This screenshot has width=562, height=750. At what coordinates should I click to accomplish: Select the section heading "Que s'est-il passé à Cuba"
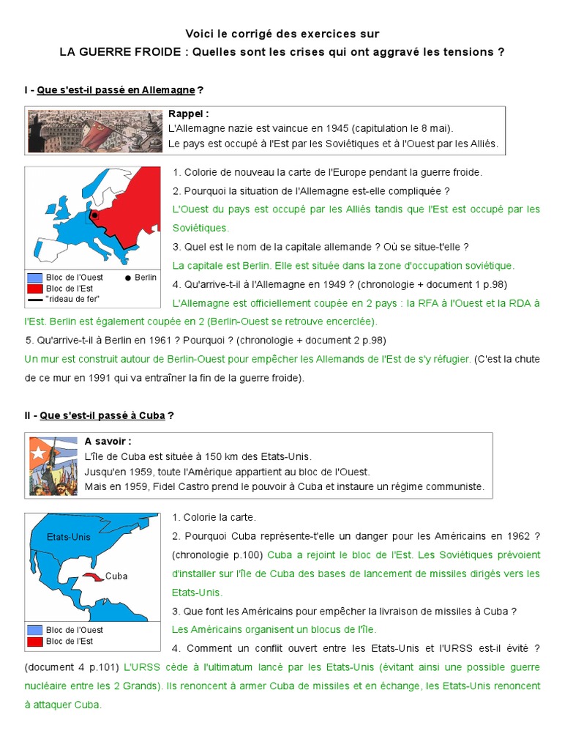coord(102,415)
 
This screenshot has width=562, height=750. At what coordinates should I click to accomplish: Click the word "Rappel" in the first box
coord(186,114)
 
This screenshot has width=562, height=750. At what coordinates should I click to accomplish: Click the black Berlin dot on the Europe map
coord(94,215)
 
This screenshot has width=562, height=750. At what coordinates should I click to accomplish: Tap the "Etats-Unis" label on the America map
coord(68,537)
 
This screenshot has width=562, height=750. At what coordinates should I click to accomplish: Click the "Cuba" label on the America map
coord(116,576)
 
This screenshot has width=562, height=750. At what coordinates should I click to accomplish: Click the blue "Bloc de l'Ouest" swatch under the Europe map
coord(34,278)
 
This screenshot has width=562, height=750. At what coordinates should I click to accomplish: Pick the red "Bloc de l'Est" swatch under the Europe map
coord(34,289)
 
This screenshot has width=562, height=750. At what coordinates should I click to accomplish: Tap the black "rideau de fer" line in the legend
coord(34,299)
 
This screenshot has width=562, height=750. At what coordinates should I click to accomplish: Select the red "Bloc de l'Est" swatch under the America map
coord(34,642)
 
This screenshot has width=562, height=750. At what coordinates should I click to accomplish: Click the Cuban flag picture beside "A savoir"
coord(52,465)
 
